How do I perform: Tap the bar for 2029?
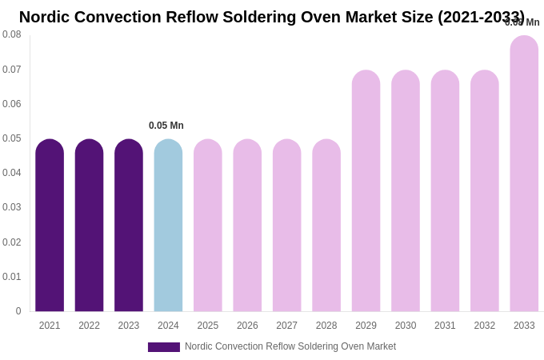coord(366,191)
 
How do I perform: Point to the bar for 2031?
coord(445,191)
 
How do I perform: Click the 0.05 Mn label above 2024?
coord(166,126)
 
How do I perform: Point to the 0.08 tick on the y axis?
coord(12,34)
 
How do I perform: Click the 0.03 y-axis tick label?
coord(12,207)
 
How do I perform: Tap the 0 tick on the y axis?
coord(18,311)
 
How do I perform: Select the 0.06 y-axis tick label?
coord(12,104)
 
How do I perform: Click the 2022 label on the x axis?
coord(89,326)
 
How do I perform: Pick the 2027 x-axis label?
coord(286,326)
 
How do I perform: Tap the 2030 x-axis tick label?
coord(406,326)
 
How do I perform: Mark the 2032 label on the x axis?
coord(484,326)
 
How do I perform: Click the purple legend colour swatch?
coord(164,347)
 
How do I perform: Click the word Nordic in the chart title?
coord(46,17)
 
